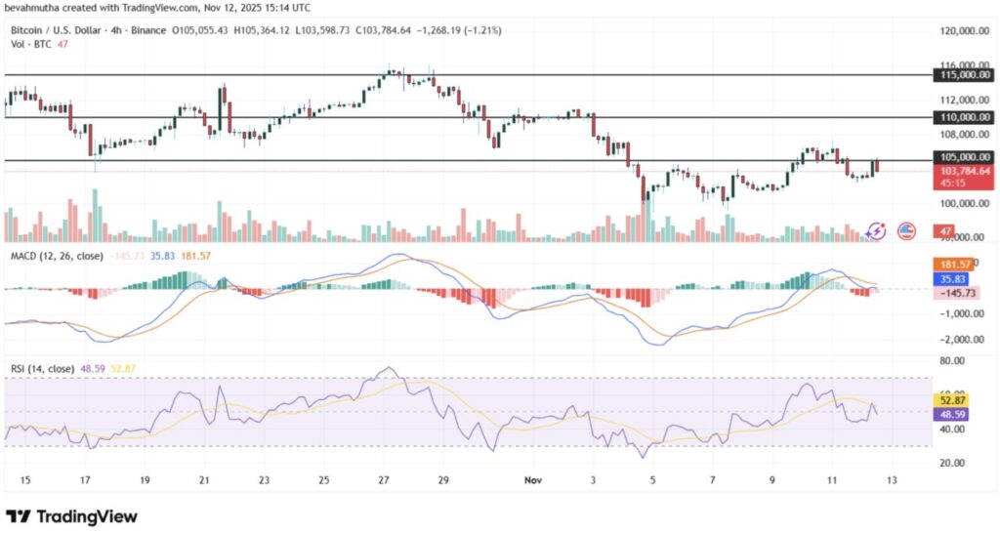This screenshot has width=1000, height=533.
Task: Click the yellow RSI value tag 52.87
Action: coord(950,399)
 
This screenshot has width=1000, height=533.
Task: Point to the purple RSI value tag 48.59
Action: coord(950,413)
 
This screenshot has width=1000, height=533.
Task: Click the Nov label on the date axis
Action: coord(531,481)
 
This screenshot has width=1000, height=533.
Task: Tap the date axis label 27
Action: coord(384,481)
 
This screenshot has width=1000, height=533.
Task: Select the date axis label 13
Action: coord(892,481)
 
